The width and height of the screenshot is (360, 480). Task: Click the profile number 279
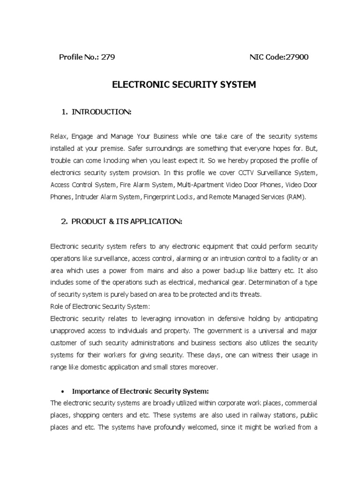108,57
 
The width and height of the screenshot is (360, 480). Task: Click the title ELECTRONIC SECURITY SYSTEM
184,85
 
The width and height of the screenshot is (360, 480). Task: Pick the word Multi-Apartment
204,185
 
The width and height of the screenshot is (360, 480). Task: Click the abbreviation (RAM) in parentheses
294,197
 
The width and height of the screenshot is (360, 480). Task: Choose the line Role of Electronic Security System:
100,307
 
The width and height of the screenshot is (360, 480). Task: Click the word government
218,331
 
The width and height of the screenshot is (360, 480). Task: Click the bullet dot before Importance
63,391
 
